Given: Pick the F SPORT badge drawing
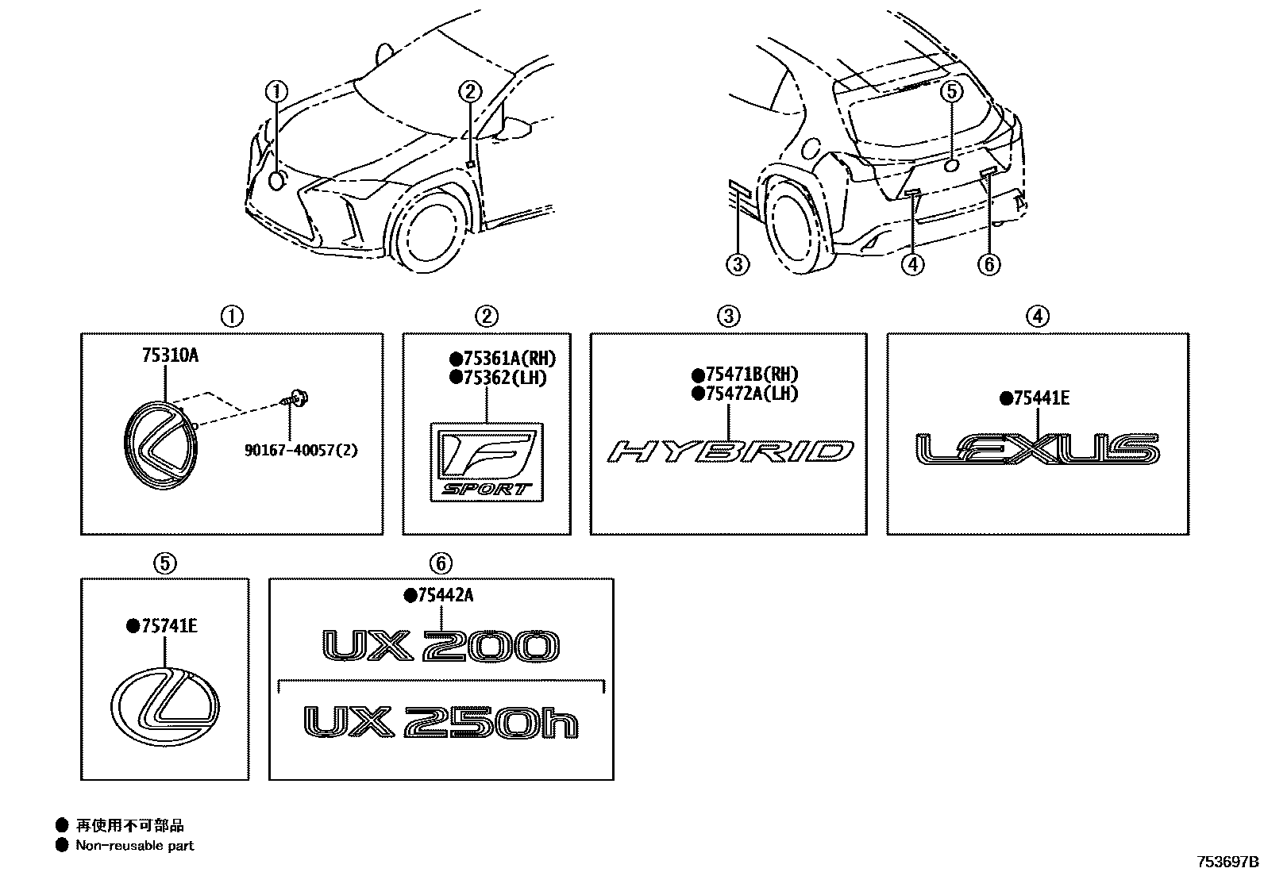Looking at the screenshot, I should (487, 462).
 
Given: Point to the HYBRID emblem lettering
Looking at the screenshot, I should (730, 451).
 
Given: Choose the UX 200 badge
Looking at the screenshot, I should (441, 647).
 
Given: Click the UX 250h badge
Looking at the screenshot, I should (441, 722).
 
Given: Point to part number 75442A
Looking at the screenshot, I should (442, 596).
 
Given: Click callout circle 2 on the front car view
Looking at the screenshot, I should (469, 93).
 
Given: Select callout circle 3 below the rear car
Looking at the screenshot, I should (738, 263).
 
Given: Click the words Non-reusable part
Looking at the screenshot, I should (134, 846).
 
